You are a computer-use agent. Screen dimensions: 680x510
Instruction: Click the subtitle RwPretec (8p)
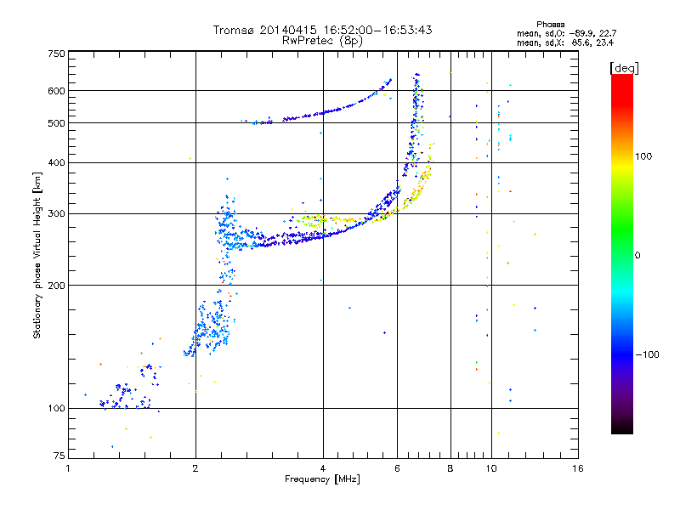pos(322,41)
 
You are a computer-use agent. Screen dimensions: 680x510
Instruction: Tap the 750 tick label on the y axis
pos(56,54)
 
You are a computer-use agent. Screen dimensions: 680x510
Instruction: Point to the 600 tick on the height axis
pos(56,91)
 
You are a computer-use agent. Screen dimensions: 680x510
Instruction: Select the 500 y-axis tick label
pos(56,123)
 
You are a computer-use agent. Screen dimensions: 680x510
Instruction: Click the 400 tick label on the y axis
pos(56,162)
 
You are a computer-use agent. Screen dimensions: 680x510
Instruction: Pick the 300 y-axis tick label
pos(56,213)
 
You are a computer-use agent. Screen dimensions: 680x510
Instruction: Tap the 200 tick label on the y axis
pos(56,286)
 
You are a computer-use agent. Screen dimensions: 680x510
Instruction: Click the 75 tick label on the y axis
pos(59,456)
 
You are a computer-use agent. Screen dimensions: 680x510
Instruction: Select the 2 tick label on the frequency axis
pos(195,468)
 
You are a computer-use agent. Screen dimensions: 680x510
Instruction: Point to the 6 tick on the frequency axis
pos(397,468)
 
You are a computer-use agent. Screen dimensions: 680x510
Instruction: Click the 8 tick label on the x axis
pos(450,468)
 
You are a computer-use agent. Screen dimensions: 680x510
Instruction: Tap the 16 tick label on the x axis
pos(578,468)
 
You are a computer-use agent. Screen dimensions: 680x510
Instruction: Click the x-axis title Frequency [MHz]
pos(322,479)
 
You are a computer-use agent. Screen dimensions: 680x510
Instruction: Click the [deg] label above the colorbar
pos(624,68)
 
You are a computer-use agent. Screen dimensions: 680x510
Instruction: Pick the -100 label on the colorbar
pos(648,354)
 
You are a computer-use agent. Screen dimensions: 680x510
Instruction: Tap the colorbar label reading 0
pos(637,256)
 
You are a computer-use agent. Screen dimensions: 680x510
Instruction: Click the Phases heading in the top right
pos(550,25)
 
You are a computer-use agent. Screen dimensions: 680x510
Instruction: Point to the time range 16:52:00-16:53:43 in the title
pos(377,30)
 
